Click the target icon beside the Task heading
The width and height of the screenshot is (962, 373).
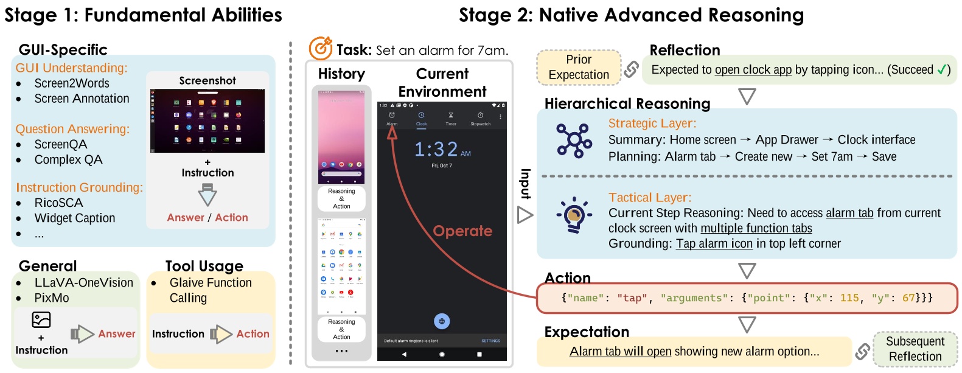(x=320, y=48)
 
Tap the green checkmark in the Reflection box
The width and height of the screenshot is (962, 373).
(x=941, y=69)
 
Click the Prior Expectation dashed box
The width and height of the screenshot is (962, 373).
(x=579, y=67)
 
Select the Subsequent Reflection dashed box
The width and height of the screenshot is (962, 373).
(x=915, y=349)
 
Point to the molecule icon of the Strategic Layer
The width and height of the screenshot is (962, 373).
(x=574, y=141)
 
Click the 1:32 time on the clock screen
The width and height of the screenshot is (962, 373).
(x=436, y=149)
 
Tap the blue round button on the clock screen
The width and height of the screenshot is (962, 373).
(x=442, y=321)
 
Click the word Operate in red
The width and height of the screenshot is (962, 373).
(x=462, y=231)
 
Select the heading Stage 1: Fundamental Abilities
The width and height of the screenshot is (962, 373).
(x=144, y=15)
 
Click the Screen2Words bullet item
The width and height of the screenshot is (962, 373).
(x=72, y=83)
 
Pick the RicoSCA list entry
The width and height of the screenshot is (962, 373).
(x=58, y=203)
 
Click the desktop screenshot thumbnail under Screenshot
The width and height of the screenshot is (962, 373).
(x=207, y=120)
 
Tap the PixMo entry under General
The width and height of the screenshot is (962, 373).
(x=52, y=298)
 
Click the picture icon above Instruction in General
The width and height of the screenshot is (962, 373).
(x=41, y=319)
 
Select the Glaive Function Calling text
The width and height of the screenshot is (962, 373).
(x=210, y=290)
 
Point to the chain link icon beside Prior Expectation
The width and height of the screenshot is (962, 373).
(x=632, y=69)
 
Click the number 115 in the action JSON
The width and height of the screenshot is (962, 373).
(x=849, y=298)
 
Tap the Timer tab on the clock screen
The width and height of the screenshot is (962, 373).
(x=451, y=118)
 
